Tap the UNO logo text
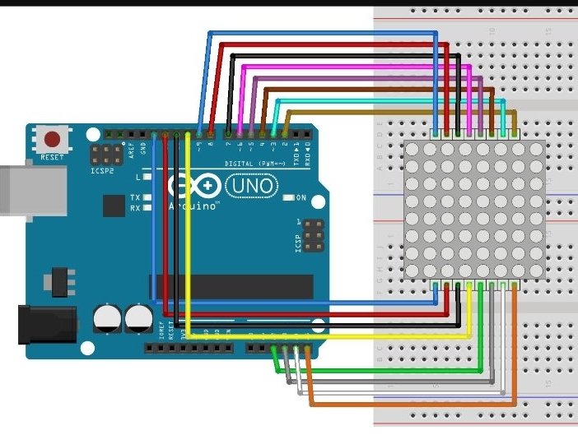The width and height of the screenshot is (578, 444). click(x=252, y=187)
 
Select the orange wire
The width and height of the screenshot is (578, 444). click(x=412, y=403)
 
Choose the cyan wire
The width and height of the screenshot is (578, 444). click(x=387, y=101)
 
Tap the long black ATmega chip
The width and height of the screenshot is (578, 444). click(x=231, y=287)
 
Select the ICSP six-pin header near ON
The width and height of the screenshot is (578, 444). click(x=313, y=236)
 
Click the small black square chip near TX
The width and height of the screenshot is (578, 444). click(x=112, y=206)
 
